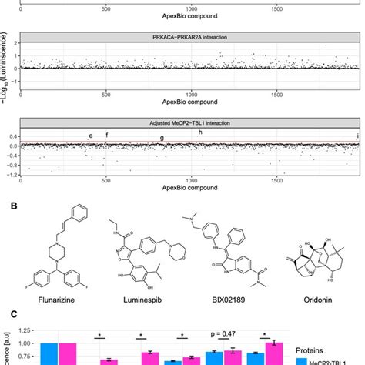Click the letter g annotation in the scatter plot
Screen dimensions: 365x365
(162, 138)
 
